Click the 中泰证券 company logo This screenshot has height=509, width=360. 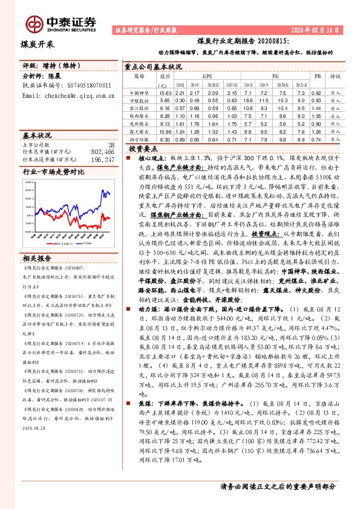pyautogui.click(x=61, y=24)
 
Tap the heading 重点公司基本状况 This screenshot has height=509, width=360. pyautogui.click(x=152, y=66)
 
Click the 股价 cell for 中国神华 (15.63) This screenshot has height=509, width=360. pyautogui.click(x=165, y=93)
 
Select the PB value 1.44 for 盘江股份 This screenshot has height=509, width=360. pyautogui.click(x=316, y=108)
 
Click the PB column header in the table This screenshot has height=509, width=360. pyautogui.click(x=316, y=77)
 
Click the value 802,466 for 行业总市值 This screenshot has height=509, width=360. pyautogui.click(x=100, y=152)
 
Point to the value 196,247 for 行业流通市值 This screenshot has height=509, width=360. pyautogui.click(x=100, y=159)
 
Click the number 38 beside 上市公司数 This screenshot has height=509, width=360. pyautogui.click(x=111, y=145)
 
